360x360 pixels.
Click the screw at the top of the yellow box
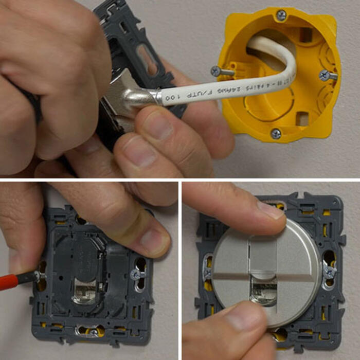pyautogui.click(x=281, y=15)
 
